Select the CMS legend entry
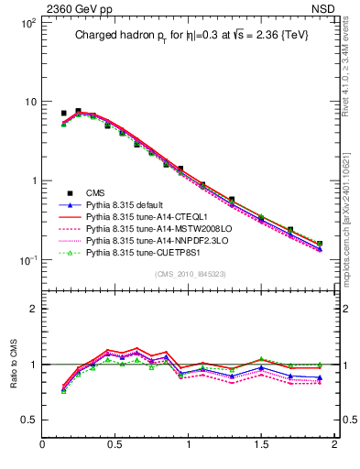[x=95, y=192]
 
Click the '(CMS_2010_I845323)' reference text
[x=189, y=272]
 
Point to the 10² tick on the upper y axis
[x=27, y=22]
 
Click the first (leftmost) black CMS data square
[x=63, y=114]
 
